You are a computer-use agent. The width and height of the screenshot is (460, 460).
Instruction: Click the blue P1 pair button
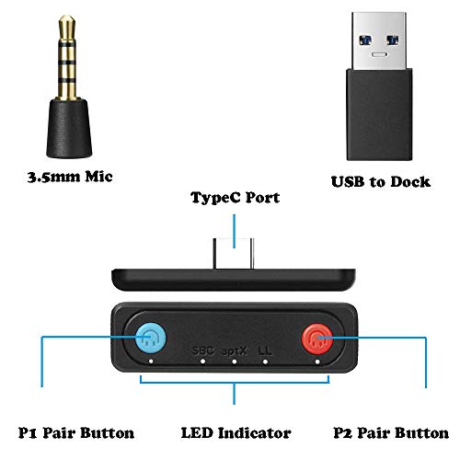point(149,340)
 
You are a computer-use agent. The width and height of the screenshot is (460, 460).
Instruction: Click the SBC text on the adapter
point(201,351)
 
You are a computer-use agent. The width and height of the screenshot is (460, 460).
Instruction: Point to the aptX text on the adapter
point(234,351)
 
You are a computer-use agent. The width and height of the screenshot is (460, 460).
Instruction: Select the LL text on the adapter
point(266,351)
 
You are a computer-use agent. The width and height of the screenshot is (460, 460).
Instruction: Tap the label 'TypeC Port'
point(234,197)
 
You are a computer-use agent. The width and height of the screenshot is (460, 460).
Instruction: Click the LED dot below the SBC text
point(201,362)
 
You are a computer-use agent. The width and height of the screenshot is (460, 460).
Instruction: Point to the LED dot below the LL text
point(266,362)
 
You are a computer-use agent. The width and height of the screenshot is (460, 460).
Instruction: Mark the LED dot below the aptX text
point(234,362)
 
